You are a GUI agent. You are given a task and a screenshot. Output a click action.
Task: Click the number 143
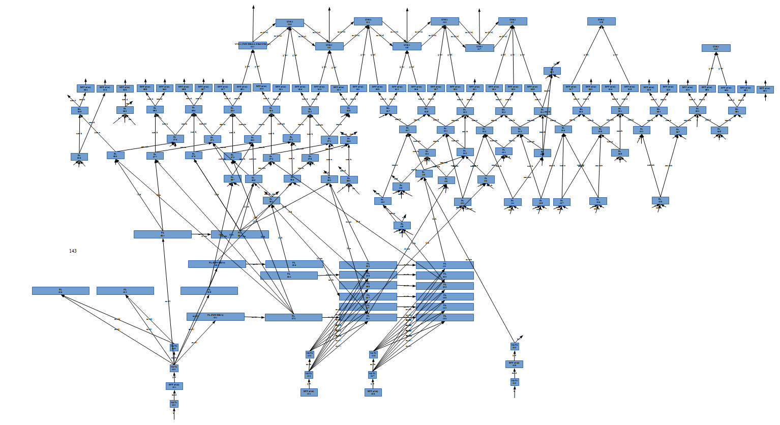tap(73, 251)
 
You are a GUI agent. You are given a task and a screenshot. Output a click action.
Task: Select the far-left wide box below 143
tap(61, 291)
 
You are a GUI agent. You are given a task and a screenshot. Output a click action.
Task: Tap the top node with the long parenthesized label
tap(253, 45)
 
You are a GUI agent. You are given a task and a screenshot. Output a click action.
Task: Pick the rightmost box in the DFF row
tap(765, 89)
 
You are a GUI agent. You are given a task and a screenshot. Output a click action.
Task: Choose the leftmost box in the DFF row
tap(85, 88)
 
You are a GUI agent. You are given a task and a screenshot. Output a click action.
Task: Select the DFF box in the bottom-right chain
tap(514, 364)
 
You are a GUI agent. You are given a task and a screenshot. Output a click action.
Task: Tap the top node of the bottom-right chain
tap(515, 347)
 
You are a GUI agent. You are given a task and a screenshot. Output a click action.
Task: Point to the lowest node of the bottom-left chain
tap(174, 404)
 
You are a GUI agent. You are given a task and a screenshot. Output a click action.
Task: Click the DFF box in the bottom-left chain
tap(174, 386)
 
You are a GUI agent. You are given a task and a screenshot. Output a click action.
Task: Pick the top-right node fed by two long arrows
tap(601, 21)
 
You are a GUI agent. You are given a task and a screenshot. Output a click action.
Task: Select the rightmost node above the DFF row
tap(716, 48)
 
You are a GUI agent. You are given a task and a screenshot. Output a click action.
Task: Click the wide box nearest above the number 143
tap(163, 234)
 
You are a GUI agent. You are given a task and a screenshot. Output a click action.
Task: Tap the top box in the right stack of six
tap(444, 265)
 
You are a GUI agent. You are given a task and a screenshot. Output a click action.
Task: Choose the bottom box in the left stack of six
tap(368, 317)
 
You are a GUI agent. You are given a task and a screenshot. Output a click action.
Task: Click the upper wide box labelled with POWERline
tap(217, 264)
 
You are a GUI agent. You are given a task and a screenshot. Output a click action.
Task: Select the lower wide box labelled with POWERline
tap(215, 317)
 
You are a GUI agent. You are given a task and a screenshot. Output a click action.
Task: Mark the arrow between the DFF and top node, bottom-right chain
tap(514, 355)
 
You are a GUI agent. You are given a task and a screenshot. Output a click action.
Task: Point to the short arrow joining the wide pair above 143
tap(201, 235)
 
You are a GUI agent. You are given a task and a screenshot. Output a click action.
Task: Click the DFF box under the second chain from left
tap(309, 392)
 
